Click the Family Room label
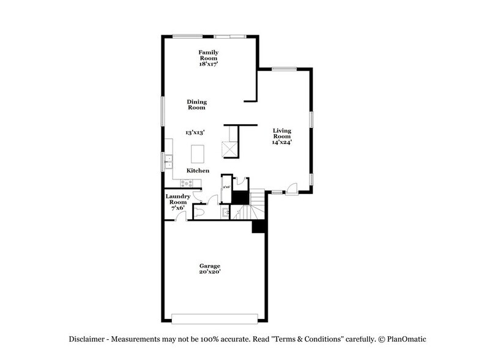209,56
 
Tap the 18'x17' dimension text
209,64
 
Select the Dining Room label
197,105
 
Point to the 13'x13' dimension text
195,132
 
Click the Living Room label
282,133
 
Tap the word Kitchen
198,171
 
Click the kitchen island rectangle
198,152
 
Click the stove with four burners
187,182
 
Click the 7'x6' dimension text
178,208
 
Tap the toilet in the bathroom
199,212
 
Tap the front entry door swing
293,188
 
